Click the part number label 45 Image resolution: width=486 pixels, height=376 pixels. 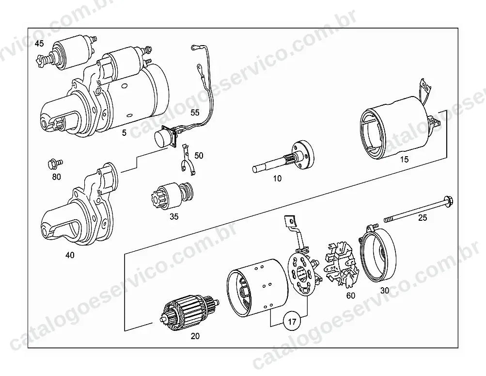pyautogui.click(x=39, y=44)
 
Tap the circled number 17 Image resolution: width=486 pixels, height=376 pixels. pyautogui.click(x=292, y=322)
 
